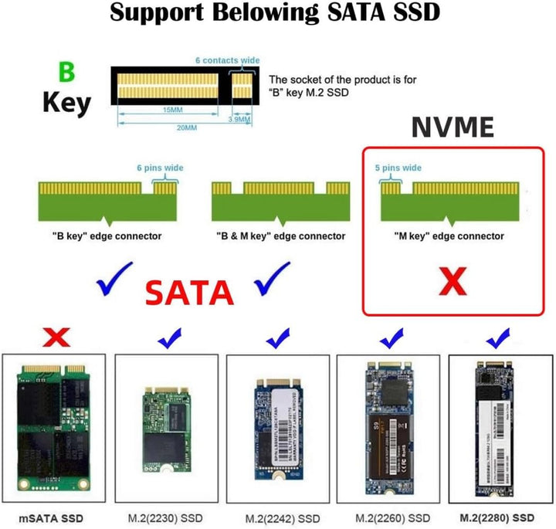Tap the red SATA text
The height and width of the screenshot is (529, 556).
(190, 293)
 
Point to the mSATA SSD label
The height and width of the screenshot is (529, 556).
(51, 517)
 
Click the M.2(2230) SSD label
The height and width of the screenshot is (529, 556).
(164, 517)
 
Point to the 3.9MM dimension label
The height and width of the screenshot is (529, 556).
(241, 120)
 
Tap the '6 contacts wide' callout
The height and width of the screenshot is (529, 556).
(227, 60)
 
